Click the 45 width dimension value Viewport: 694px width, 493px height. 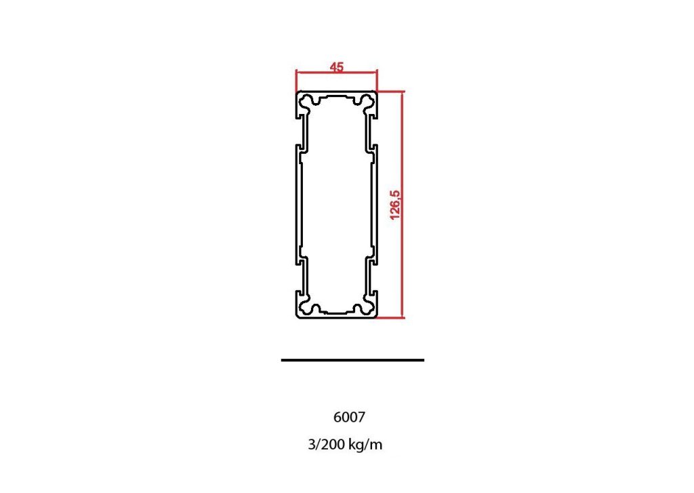(337, 66)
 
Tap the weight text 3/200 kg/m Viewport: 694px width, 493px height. (345, 445)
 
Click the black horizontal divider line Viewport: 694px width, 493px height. (352, 360)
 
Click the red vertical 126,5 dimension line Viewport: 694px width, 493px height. (403, 204)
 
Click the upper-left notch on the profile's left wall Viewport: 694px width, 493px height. (299, 146)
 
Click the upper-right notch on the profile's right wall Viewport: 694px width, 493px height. (375, 146)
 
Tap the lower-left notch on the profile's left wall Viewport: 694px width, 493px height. (299, 260)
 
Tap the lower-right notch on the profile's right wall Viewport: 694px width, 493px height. (375, 260)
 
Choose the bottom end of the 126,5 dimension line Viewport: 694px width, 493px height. (403, 317)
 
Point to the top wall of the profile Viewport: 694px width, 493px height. (337, 92)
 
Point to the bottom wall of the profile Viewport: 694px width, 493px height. (337, 316)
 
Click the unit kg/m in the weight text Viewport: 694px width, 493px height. (366, 445)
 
